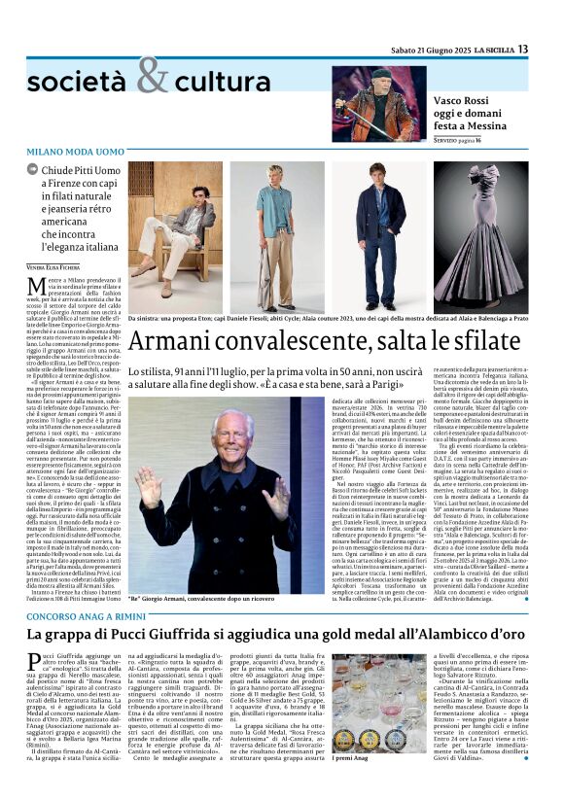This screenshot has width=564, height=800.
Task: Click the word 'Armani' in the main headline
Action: point(179,342)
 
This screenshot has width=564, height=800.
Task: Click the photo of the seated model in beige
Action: point(175,237)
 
